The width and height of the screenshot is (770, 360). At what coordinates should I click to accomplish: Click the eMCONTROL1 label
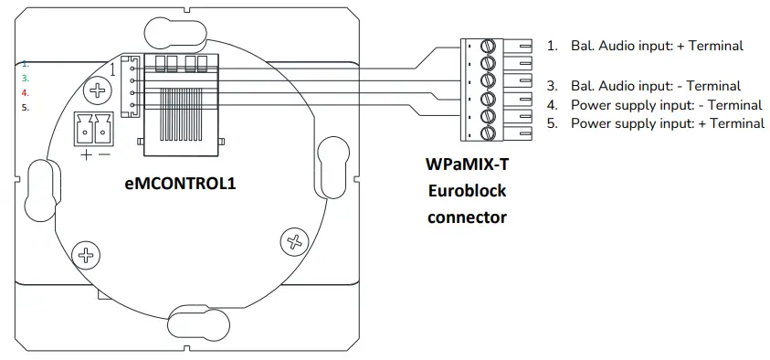[x=180, y=184]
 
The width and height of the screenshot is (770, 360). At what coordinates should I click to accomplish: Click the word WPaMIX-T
[x=466, y=166]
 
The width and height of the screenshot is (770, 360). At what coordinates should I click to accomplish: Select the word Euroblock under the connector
[x=466, y=192]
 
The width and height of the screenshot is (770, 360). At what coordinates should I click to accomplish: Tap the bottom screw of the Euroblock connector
[x=487, y=132]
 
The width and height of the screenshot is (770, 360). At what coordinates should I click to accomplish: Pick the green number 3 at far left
[x=26, y=79]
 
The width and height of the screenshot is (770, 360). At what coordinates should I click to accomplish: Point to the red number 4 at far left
[x=26, y=93]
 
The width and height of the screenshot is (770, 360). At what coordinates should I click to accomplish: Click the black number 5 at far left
[x=26, y=107]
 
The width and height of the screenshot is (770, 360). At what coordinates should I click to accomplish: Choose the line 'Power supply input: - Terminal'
[x=666, y=105]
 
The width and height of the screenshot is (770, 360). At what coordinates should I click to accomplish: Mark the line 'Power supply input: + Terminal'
[x=667, y=123]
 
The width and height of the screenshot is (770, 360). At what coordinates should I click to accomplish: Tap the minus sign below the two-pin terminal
[x=103, y=154]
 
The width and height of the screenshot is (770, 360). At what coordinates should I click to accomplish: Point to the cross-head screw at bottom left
[x=84, y=255]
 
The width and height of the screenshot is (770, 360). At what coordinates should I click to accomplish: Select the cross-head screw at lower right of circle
[x=294, y=242]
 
